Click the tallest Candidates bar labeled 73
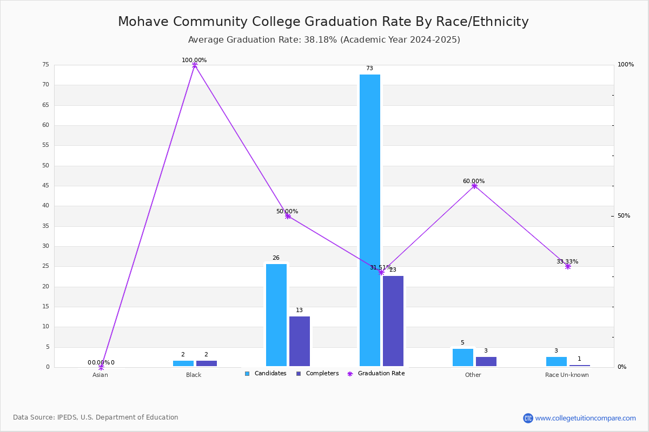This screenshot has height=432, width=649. point(370,220)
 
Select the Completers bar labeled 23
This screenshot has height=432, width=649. point(393,321)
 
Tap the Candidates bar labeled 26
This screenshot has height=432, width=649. point(276,315)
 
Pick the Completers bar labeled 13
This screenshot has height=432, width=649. point(300,341)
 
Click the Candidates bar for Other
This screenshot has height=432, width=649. point(463,357)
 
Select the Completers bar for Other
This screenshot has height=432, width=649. point(486,361)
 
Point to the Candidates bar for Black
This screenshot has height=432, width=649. point(183,363)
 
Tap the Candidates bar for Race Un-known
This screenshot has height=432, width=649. point(557,361)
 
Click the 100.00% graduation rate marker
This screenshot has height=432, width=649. point(195,65)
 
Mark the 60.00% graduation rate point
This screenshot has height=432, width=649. point(474,186)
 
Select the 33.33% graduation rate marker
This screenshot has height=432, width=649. point(568,266)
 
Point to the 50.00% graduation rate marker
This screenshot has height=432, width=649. point(288,216)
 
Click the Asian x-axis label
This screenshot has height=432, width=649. point(100,375)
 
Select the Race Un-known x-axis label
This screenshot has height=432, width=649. point(567,375)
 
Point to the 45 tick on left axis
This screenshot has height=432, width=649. point(45,186)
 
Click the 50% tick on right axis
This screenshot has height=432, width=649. point(624,216)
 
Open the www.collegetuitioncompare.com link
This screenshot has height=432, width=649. point(585,418)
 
